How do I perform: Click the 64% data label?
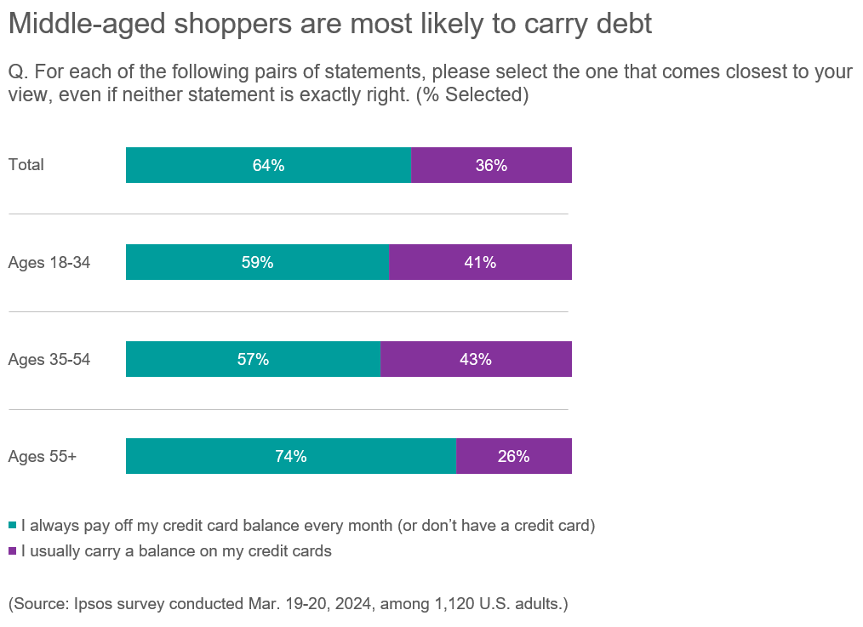point(268,166)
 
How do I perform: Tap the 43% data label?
point(476,360)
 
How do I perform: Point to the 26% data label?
point(513,457)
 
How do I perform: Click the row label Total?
point(26,165)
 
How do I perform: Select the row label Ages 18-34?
point(49,263)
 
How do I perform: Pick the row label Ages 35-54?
point(49,360)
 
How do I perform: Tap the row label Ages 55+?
point(43,457)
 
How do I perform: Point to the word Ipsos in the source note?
point(91,605)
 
